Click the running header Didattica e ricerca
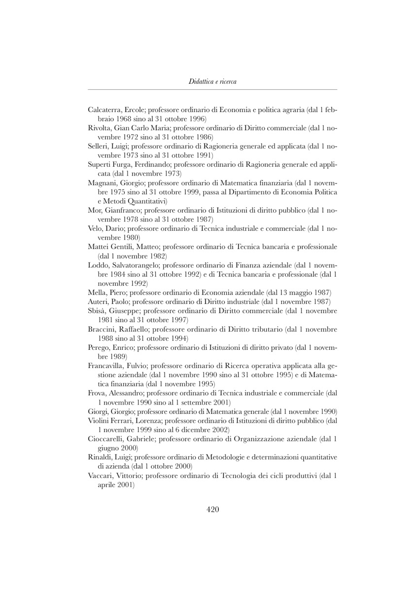212,81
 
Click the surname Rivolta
100,127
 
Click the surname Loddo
99,265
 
